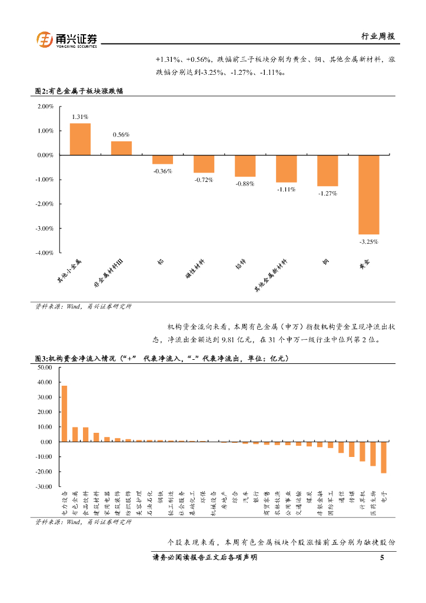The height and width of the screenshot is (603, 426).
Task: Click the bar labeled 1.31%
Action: click(x=80, y=139)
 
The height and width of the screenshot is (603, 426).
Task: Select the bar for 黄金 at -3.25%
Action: click(x=369, y=194)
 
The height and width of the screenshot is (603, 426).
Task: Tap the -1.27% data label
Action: click(x=327, y=193)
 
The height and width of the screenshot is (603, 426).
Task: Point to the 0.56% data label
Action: click(x=121, y=135)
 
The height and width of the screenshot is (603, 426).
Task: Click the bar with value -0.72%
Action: click(x=204, y=164)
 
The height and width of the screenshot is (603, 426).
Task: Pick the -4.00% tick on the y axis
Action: click(x=46, y=253)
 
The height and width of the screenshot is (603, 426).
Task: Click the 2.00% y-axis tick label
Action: click(x=46, y=107)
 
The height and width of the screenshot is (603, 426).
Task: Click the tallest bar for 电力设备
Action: click(x=64, y=413)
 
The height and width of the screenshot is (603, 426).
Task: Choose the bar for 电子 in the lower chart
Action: click(x=384, y=457)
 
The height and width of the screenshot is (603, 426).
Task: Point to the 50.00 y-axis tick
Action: click(x=45, y=367)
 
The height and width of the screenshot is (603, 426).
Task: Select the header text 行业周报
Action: click(x=378, y=36)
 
